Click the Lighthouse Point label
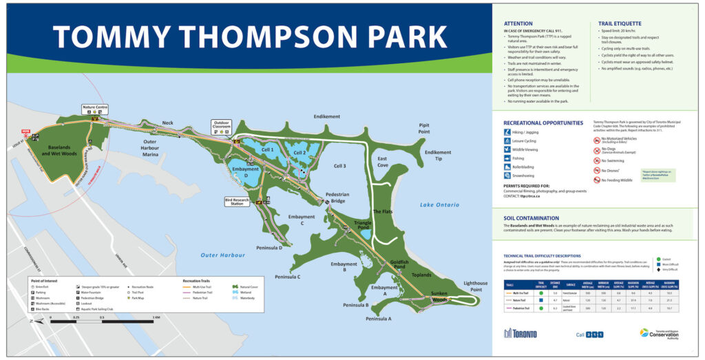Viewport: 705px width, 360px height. click(475, 286)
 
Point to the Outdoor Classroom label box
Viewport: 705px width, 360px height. click(222, 125)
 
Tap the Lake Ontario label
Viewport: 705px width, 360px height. click(439, 205)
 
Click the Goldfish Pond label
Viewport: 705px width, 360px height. click(400, 265)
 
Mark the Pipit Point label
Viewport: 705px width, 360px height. click(424, 128)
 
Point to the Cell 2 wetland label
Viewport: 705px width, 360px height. click(299, 153)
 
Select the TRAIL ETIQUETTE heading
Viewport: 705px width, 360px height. click(620, 23)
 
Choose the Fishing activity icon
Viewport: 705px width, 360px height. click(507, 158)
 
